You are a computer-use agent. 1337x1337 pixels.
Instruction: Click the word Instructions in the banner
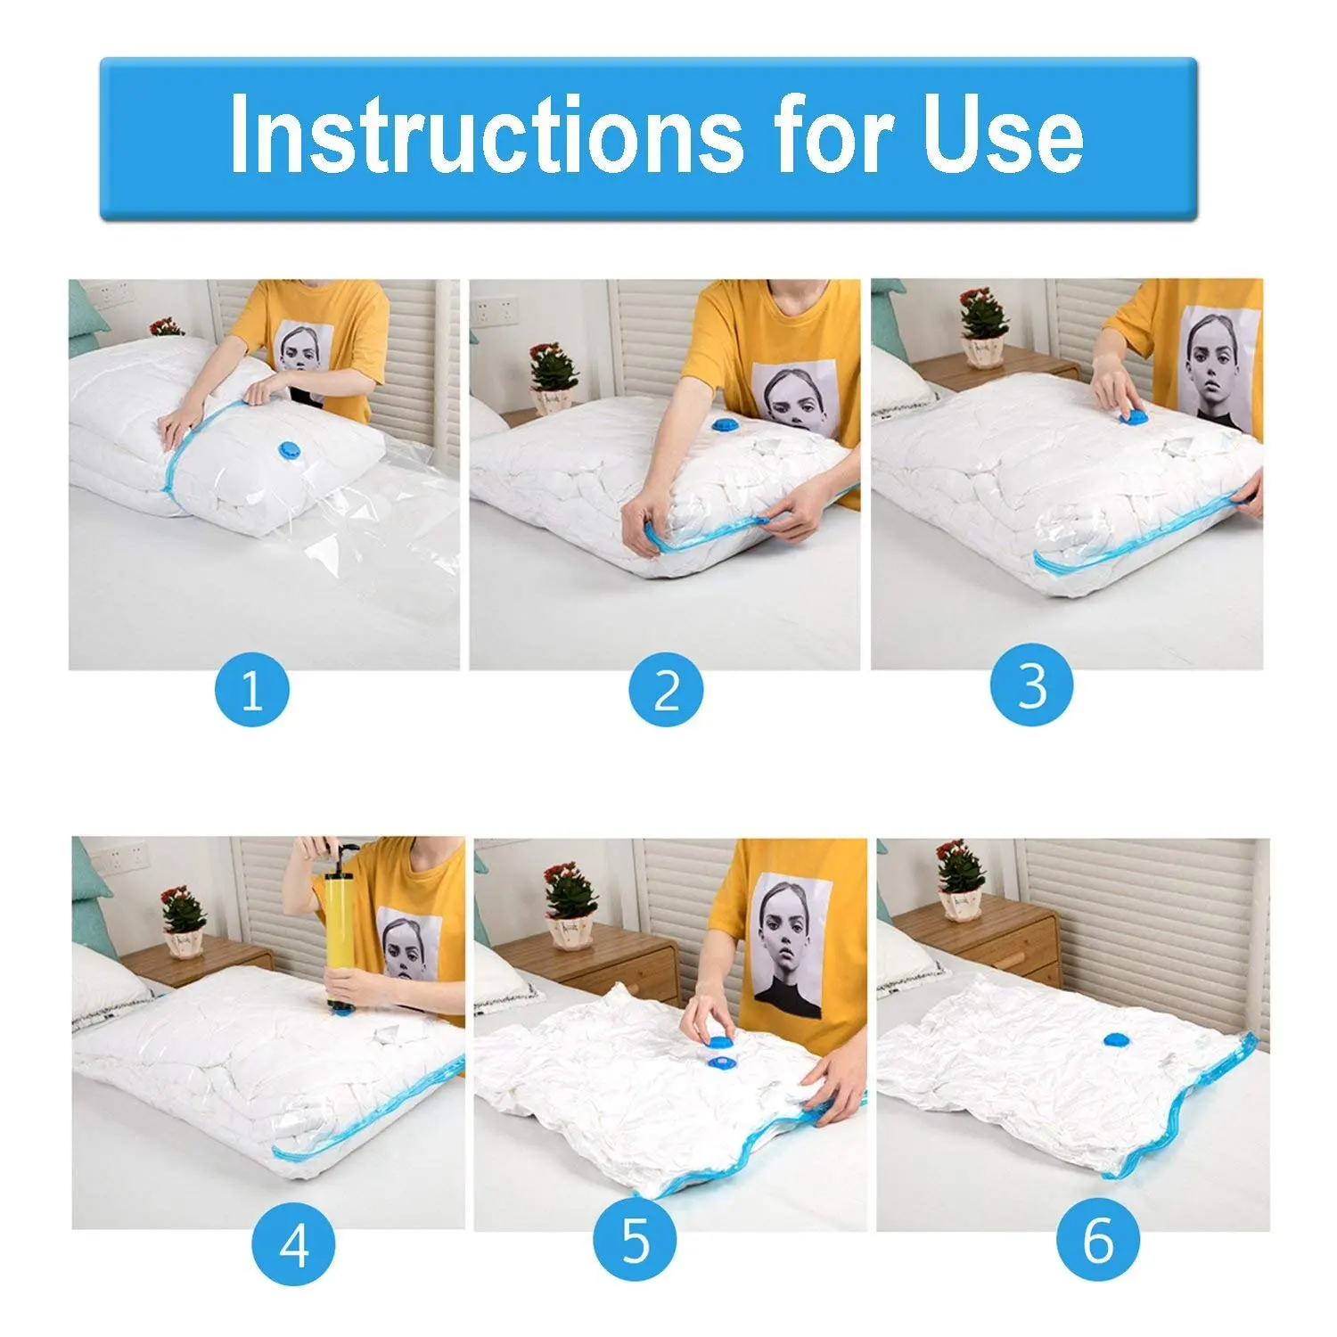(486, 134)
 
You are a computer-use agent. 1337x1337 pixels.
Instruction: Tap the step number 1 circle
(252, 689)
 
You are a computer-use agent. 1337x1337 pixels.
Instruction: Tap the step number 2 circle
(666, 689)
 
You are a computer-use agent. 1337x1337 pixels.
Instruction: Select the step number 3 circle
(1031, 686)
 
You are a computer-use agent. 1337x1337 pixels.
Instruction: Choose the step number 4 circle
(294, 1244)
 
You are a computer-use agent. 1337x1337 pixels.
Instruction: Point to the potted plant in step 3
(983, 327)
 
